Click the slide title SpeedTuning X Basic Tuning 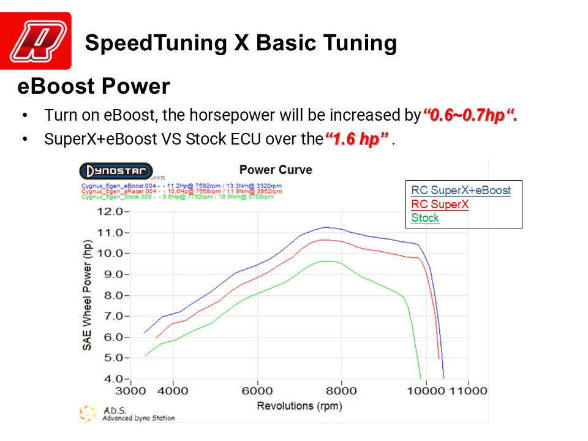(241, 43)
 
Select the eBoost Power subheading (93, 86)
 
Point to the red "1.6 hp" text (357, 139)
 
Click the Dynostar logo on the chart (116, 171)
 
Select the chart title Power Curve (275, 170)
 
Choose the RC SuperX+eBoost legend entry (461, 190)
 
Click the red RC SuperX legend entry (440, 205)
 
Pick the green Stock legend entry (425, 218)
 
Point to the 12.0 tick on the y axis (112, 212)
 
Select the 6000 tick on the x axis (257, 391)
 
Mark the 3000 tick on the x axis (131, 391)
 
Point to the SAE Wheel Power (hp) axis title (87, 295)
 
